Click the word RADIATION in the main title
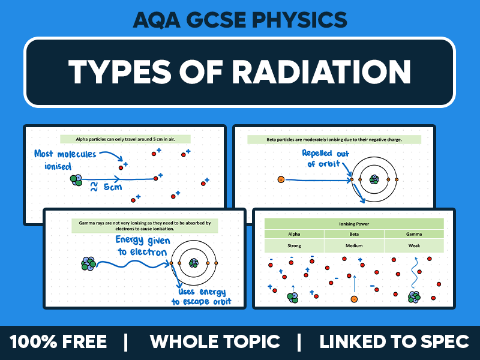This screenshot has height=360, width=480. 321,72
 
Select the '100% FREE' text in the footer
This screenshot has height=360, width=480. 58,342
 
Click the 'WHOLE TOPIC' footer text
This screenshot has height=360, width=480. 215,342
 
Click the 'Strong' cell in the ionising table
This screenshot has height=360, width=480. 294,245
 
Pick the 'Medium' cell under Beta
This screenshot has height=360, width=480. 354,245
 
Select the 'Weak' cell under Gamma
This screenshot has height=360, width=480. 413,245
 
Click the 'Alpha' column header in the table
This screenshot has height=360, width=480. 294,234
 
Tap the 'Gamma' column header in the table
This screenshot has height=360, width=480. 413,234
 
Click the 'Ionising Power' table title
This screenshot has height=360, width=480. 354,223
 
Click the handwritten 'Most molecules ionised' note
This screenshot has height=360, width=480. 64,159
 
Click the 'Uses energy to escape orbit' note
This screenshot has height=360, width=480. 202,297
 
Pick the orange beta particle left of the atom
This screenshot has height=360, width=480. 280,179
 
